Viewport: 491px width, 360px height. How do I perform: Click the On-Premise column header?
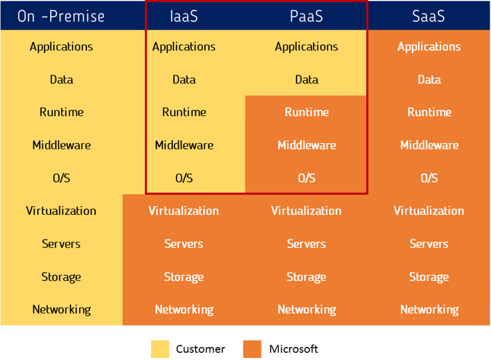pyautogui.click(x=61, y=16)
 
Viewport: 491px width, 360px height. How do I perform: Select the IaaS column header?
pyautogui.click(x=184, y=16)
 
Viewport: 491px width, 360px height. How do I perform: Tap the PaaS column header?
pyautogui.click(x=307, y=16)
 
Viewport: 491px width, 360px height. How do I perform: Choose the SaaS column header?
pyautogui.click(x=429, y=16)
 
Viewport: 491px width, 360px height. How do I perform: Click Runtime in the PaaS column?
pyautogui.click(x=307, y=112)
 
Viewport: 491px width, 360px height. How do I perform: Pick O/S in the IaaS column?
pyautogui.click(x=184, y=178)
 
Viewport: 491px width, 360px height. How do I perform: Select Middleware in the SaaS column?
pyautogui.click(x=429, y=145)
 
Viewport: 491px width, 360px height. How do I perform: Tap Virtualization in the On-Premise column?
pyautogui.click(x=61, y=210)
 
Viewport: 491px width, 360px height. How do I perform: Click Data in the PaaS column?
pyautogui.click(x=307, y=80)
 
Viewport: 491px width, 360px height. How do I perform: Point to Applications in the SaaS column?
pyautogui.click(x=429, y=46)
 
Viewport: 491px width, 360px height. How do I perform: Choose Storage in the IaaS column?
pyautogui.click(x=184, y=277)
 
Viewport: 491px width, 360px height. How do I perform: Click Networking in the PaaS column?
pyautogui.click(x=307, y=310)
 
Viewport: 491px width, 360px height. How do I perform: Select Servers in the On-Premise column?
pyautogui.click(x=61, y=244)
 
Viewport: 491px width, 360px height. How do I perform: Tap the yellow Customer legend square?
pyautogui.click(x=160, y=349)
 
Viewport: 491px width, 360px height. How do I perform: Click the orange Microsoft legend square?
pyautogui.click(x=252, y=349)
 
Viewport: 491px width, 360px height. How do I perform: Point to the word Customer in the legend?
pyautogui.click(x=200, y=349)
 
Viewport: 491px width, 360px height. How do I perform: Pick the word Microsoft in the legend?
pyautogui.click(x=293, y=349)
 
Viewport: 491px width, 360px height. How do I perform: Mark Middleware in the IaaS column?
pyautogui.click(x=184, y=145)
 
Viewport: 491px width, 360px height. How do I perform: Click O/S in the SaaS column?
pyautogui.click(x=429, y=178)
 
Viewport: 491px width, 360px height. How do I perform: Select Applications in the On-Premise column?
pyautogui.click(x=61, y=46)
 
